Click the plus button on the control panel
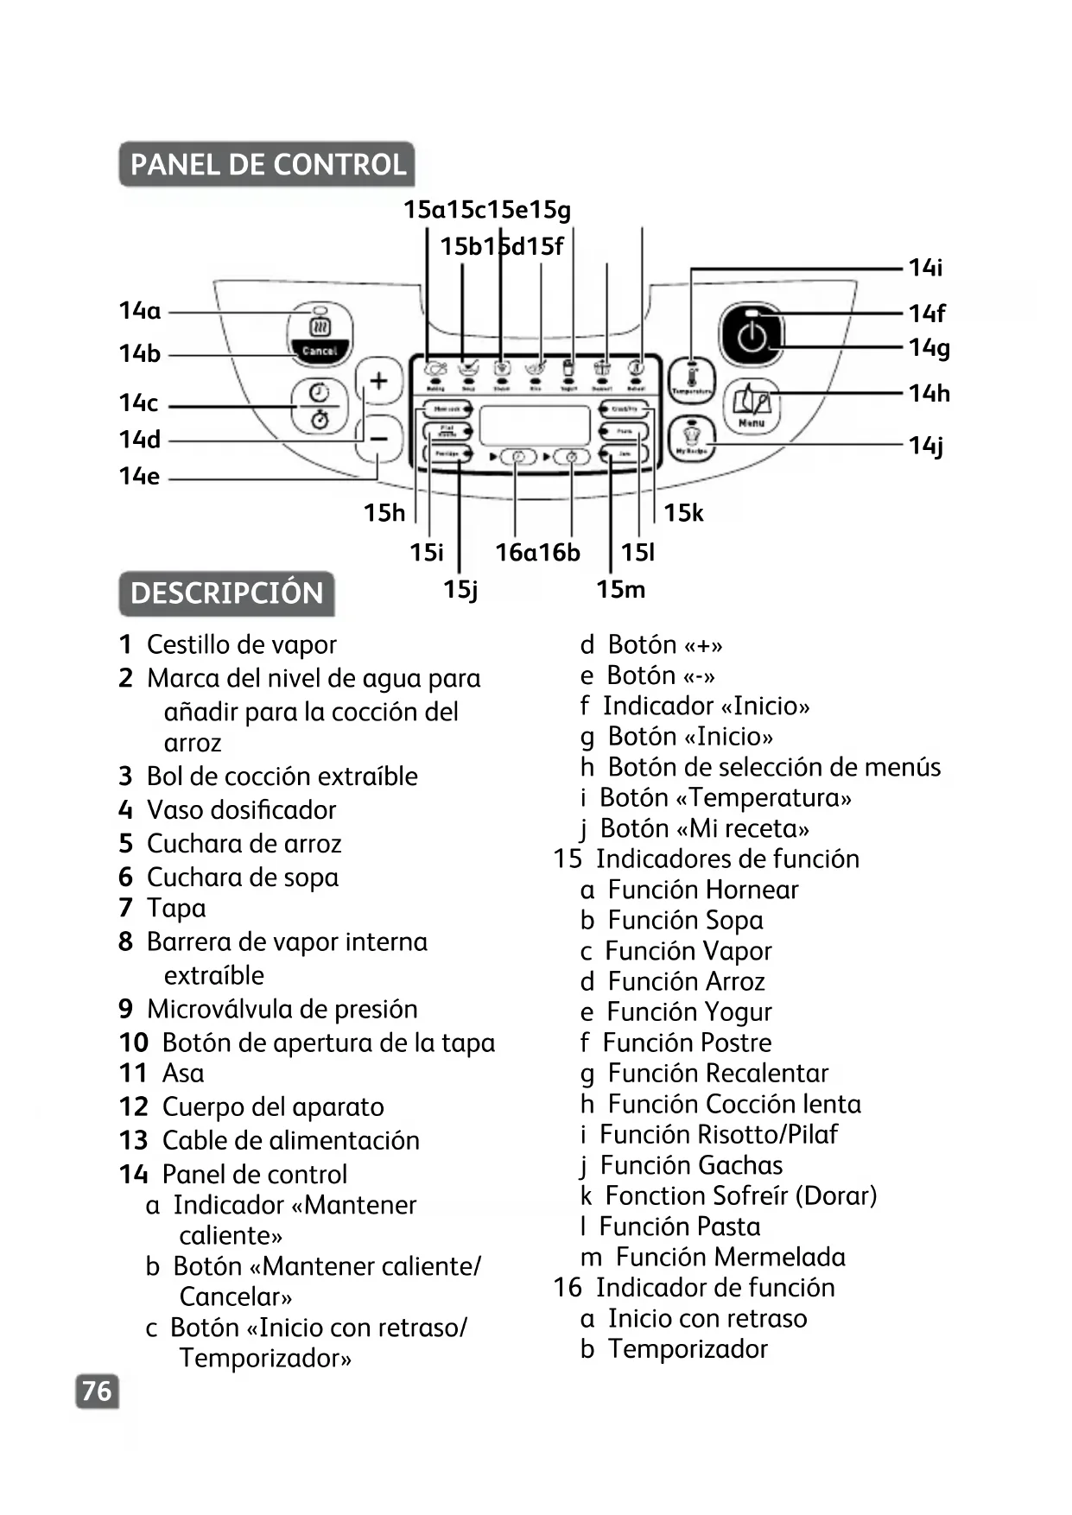[x=379, y=381]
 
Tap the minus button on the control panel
[x=379, y=439]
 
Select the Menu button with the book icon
[x=752, y=406]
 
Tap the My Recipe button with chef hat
[x=692, y=439]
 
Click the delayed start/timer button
[x=320, y=406]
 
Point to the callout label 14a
[x=140, y=311]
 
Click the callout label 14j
[x=926, y=446]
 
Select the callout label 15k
[x=683, y=513]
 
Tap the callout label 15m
[x=620, y=590]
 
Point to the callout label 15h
[x=384, y=513]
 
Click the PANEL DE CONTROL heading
[x=267, y=164]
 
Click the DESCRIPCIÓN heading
[x=226, y=593]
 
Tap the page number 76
[x=97, y=1391]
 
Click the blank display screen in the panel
[x=534, y=425]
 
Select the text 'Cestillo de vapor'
[x=241, y=644]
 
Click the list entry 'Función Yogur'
[x=688, y=1011]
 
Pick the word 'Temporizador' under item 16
[x=688, y=1349]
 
